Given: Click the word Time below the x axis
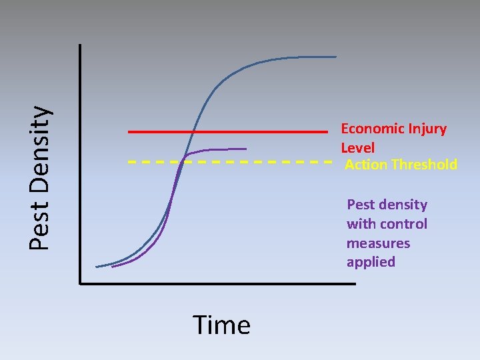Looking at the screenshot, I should tap(221, 325).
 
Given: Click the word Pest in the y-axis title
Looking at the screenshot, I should tap(41, 227).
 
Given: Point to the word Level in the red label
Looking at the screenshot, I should tap(358, 148).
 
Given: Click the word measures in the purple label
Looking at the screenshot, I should tap(378, 243).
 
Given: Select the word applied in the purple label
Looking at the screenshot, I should tap(371, 262).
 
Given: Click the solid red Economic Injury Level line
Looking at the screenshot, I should tap(267, 132).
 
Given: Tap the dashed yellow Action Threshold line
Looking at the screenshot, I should tap(280, 161).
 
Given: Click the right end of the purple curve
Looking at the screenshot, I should tap(246, 148).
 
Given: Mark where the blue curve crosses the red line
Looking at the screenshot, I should tap(193, 132).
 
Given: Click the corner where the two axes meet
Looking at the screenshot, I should tap(80, 283).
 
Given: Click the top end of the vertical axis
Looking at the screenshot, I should tap(79, 45).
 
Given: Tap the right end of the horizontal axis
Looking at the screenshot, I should tap(355, 283).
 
